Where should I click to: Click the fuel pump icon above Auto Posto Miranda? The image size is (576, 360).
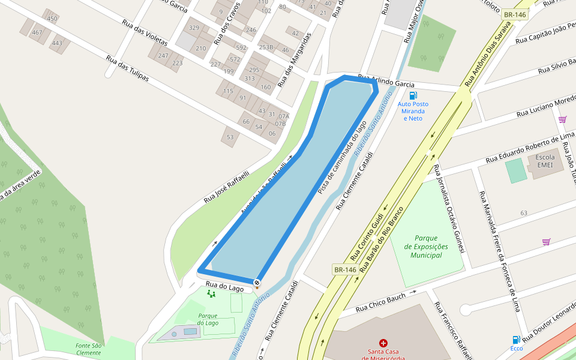pos(413,95)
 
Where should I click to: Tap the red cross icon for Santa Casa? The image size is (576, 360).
pos(383,343)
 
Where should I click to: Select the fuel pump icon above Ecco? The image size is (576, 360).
pos(516,340)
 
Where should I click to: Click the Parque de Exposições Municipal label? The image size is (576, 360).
pos(426,247)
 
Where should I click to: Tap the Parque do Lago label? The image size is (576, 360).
pos(208,319)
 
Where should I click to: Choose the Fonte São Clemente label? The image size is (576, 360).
pos(88,349)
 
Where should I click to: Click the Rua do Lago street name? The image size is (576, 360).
pos(225,287)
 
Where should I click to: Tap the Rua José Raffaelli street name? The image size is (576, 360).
pos(226,186)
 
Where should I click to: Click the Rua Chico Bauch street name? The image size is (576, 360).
pos(380,302)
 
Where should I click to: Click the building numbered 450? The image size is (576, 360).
pos(52,19)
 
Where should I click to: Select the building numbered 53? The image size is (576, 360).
pos(230,137)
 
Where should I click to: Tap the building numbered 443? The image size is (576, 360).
pos(57,43)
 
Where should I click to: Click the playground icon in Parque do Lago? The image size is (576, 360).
pos(211,293)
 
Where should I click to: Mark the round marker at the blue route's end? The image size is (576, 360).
pos(257,282)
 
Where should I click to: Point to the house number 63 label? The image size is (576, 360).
pos(524,213)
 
